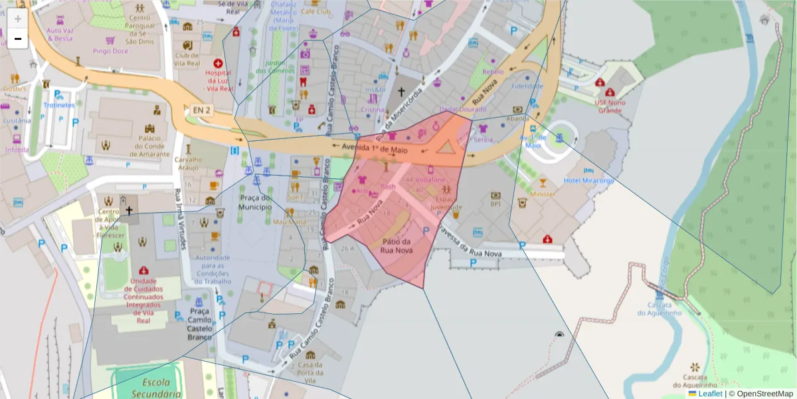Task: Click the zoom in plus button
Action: [x=17, y=19]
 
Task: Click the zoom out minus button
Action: [x=17, y=39]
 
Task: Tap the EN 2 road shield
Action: [x=200, y=110]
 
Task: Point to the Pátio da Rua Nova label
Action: [x=397, y=246]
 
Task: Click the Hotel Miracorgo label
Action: [x=588, y=181]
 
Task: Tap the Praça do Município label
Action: [x=255, y=202]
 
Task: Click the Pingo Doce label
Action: [x=110, y=51]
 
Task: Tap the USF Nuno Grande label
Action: [x=609, y=106]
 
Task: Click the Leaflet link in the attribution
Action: [x=710, y=394]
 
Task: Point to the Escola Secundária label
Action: [x=152, y=388]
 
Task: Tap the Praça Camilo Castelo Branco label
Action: [x=200, y=324]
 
